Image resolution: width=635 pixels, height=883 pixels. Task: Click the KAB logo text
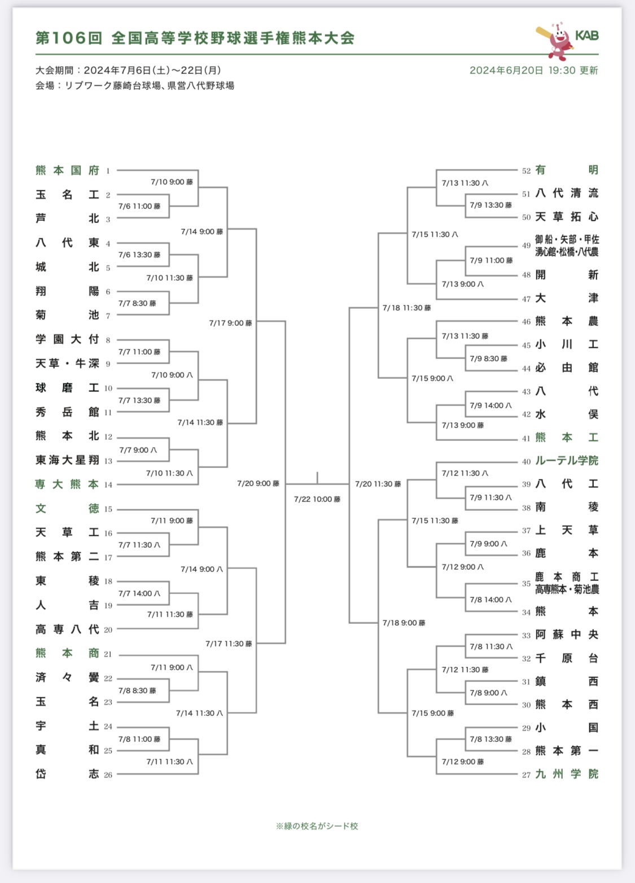pyautogui.click(x=586, y=36)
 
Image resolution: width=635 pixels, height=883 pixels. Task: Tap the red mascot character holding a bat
pyautogui.click(x=555, y=41)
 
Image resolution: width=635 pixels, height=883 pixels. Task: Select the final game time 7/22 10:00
pyautogui.click(x=317, y=499)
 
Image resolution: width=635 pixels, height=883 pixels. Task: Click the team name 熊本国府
pyautogui.click(x=67, y=170)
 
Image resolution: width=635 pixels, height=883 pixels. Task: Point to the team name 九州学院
pyautogui.click(x=567, y=774)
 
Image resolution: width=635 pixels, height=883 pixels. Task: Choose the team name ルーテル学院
pyautogui.click(x=567, y=461)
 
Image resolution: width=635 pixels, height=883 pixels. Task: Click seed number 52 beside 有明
pyautogui.click(x=526, y=171)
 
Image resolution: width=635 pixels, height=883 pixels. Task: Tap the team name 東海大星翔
pyautogui.click(x=67, y=460)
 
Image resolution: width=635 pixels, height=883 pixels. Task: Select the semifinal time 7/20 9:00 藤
pyautogui.click(x=258, y=483)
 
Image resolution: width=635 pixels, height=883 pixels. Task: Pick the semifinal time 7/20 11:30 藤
pyautogui.click(x=378, y=484)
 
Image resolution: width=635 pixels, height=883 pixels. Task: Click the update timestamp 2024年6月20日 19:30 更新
pyautogui.click(x=533, y=71)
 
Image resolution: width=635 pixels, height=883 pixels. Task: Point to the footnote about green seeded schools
pyautogui.click(x=317, y=826)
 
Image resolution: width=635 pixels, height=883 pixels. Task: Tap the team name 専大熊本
pyautogui.click(x=67, y=484)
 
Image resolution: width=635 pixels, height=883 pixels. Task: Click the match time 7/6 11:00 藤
pyautogui.click(x=139, y=206)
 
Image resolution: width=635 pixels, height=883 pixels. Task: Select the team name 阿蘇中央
pyautogui.click(x=567, y=635)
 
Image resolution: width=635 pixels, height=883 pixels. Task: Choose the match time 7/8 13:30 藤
pyautogui.click(x=491, y=739)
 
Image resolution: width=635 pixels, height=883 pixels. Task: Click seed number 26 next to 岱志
pyautogui.click(x=108, y=775)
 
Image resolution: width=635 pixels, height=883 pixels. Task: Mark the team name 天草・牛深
pyautogui.click(x=67, y=364)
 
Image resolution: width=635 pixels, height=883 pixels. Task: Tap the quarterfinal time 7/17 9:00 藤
pyautogui.click(x=230, y=323)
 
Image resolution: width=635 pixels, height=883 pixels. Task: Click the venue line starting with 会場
pyautogui.click(x=135, y=86)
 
